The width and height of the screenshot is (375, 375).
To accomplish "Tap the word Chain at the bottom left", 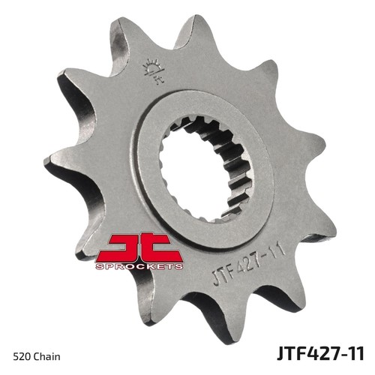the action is pyautogui.click(x=46, y=356).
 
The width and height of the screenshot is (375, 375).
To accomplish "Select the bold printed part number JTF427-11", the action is pyautogui.click(x=320, y=353).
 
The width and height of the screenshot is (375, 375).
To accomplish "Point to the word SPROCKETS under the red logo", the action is pyautogui.click(x=139, y=266).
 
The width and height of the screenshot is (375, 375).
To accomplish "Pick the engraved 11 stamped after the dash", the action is pyautogui.click(x=278, y=249).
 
